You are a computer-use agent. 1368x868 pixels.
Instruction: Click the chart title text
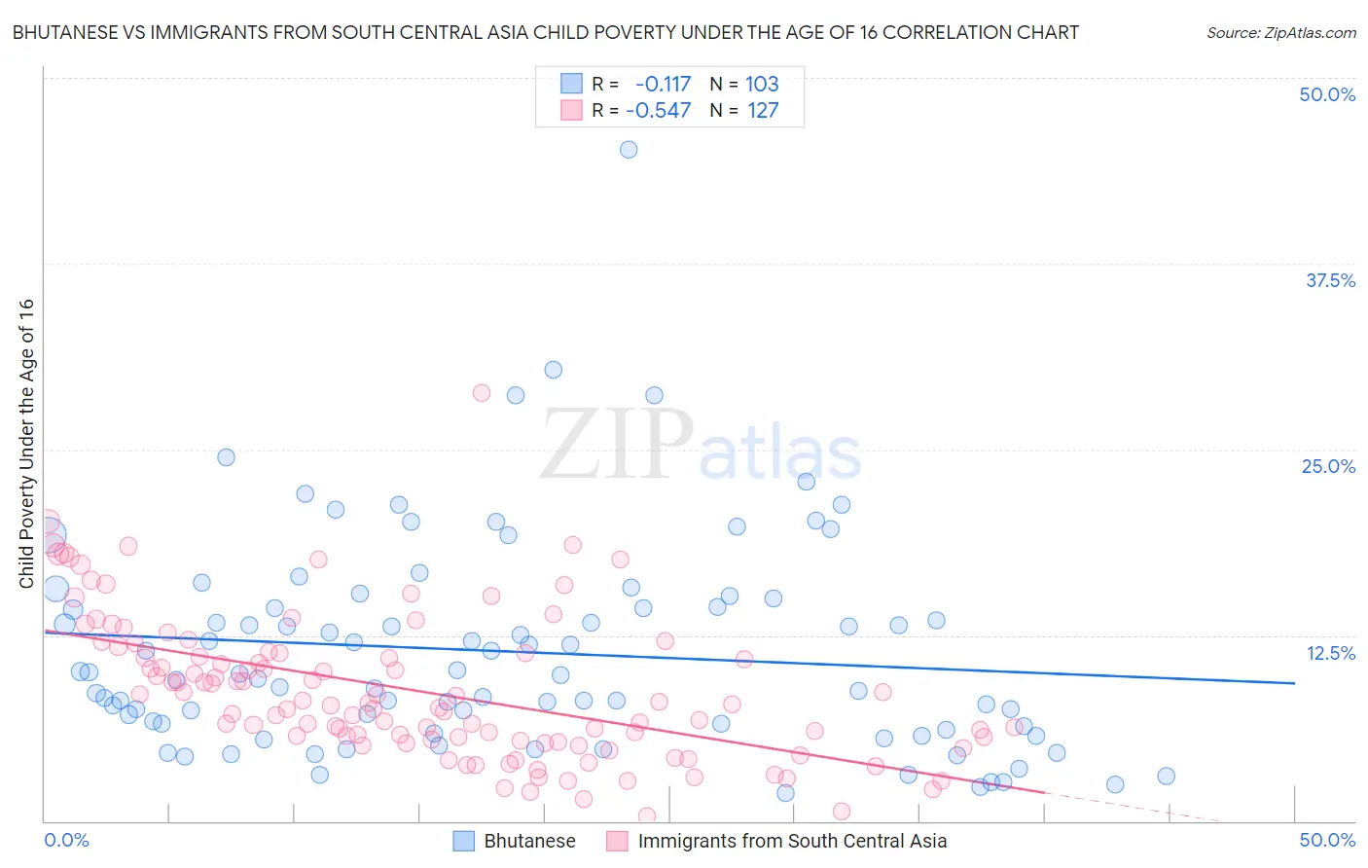pos(545,32)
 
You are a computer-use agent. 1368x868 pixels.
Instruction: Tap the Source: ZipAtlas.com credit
pos(1280,32)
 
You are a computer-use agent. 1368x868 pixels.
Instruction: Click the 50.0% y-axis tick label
pos(1327,94)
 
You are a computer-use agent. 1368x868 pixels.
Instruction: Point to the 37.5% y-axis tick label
pos(1330,280)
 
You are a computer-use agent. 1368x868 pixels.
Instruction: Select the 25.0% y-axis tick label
pos(1328,466)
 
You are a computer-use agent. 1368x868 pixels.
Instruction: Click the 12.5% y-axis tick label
pos(1330,653)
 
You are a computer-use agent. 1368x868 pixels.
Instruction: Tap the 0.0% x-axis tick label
pos(66,840)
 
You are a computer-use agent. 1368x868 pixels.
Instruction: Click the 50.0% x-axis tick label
pos(1327,840)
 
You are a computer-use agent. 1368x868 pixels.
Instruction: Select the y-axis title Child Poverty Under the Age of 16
pos(27,443)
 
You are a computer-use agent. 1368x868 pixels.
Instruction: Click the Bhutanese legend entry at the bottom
pos(529,841)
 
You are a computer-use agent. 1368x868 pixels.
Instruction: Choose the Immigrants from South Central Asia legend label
pos(792,841)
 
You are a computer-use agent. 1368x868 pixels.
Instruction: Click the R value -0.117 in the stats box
pos(663,84)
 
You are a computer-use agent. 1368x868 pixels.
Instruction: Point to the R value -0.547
pos(658,110)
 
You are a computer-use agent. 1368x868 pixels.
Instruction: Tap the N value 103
pos(762,84)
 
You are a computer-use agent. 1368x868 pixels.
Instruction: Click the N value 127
pos(763,110)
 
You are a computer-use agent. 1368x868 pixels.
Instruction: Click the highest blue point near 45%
pos(629,149)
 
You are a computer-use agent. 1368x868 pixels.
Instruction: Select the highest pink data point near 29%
pos(481,393)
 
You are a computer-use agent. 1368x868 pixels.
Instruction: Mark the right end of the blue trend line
pos(1294,683)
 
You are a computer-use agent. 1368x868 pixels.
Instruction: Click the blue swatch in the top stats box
pos(571,84)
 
